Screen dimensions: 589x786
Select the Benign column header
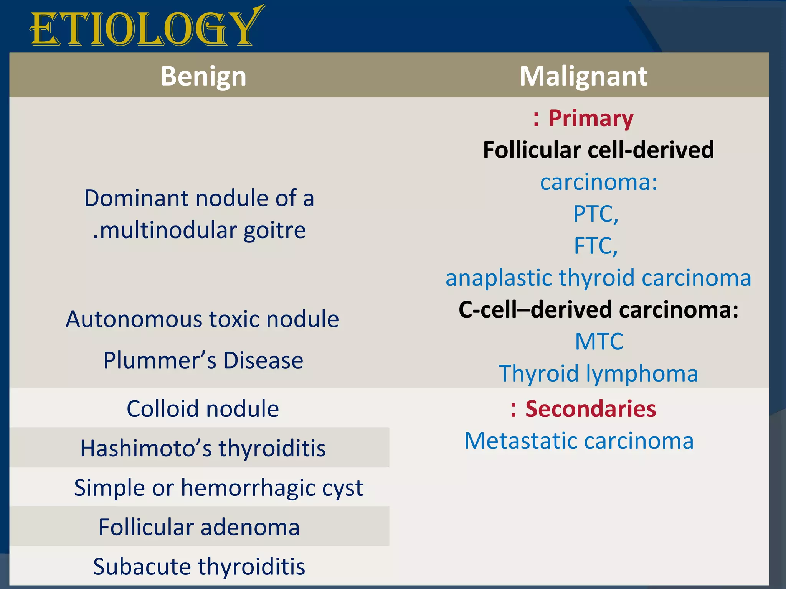(x=203, y=76)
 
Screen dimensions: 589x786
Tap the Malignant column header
(x=583, y=76)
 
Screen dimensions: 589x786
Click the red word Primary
(x=591, y=118)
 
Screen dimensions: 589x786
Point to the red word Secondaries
(x=590, y=409)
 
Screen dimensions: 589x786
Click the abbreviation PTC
(x=595, y=214)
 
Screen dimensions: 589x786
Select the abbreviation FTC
(x=595, y=245)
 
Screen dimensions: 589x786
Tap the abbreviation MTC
(x=599, y=341)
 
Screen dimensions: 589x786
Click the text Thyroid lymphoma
(x=598, y=373)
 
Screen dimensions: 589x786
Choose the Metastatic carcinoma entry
(x=579, y=441)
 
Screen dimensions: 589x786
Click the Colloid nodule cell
(x=203, y=409)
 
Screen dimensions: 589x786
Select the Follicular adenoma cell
(x=199, y=527)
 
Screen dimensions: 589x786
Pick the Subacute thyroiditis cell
(x=199, y=567)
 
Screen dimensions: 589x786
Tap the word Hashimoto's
(x=146, y=448)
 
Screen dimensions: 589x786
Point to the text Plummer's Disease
(x=203, y=360)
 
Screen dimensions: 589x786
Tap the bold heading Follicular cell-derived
(x=598, y=150)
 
